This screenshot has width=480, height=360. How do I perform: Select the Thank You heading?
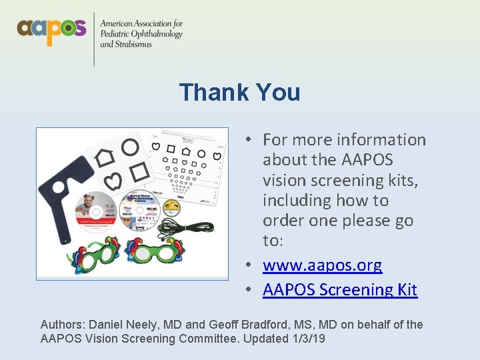[239, 92]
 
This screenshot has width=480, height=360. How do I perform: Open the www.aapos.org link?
[322, 265]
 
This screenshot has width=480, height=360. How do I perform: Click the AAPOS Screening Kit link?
[340, 290]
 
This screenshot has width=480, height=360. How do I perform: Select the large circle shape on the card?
[129, 147]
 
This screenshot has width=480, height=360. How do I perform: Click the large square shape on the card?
[139, 171]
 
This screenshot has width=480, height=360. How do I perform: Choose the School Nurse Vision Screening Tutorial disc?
[139, 212]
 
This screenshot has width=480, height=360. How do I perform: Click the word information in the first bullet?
[381, 140]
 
